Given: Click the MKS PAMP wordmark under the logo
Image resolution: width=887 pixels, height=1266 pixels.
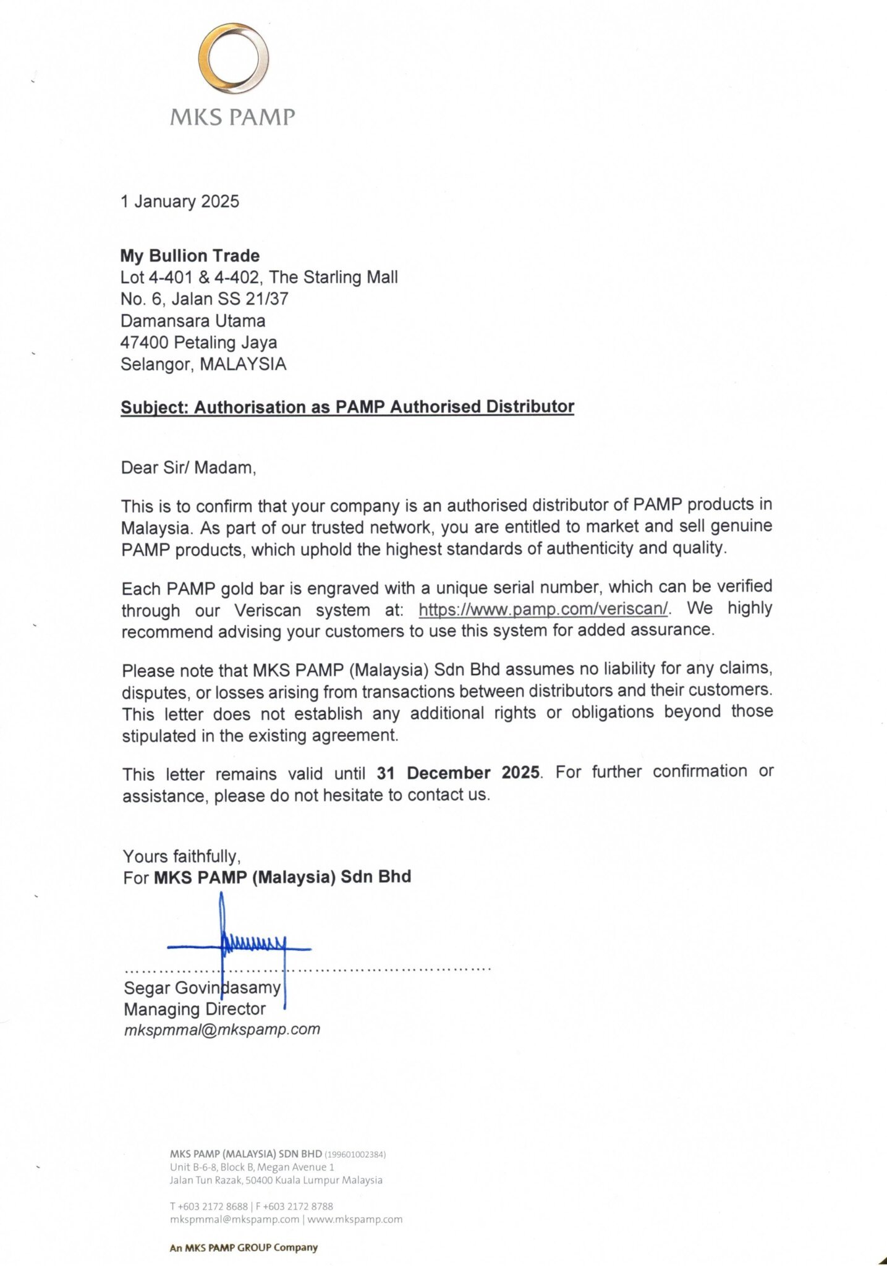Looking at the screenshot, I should click(232, 116).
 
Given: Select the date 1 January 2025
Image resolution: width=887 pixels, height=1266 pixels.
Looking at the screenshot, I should click(180, 202).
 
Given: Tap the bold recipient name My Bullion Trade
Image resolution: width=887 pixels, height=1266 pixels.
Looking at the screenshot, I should click(190, 256).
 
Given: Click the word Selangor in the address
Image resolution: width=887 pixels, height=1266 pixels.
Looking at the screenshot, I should click(156, 364).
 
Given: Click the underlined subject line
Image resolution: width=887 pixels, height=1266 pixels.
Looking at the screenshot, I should click(347, 407).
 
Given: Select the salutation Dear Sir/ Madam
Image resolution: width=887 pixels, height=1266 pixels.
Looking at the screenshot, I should click(189, 467).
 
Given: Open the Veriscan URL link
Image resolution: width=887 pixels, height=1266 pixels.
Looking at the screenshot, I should click(543, 609).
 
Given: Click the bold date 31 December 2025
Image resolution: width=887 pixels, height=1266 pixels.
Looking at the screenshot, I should click(458, 773).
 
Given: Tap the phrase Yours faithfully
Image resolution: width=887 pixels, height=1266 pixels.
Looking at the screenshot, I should click(182, 856).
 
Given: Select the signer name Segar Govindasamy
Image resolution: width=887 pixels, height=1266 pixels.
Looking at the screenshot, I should click(202, 988).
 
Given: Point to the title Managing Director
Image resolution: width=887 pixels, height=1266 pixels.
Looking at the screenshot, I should click(195, 1009).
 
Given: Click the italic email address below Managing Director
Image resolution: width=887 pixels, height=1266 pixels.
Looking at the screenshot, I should click(222, 1030).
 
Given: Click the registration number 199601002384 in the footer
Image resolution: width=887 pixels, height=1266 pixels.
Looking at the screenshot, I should click(355, 1154).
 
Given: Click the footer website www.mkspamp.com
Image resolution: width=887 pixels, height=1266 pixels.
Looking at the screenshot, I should click(355, 1219).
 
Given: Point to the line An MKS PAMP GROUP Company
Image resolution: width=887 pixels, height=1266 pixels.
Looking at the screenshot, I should click(244, 1247).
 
